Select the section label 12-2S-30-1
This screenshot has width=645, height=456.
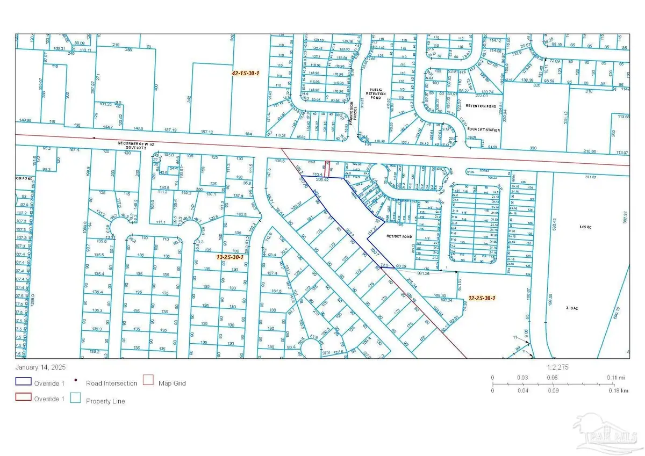click(x=482, y=298)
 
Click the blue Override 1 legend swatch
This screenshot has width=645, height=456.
click(x=21, y=383)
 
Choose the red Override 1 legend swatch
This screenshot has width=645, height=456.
click(x=21, y=399)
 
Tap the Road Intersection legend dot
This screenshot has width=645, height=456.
click(x=76, y=383)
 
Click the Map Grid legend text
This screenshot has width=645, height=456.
click(x=173, y=383)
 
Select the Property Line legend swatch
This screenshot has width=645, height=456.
click(x=76, y=399)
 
